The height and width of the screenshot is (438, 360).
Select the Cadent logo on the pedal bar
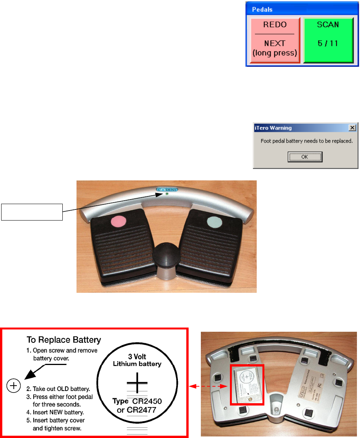point(167,189)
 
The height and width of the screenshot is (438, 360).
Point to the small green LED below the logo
point(167,194)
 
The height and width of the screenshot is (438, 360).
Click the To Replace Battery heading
point(64,340)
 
